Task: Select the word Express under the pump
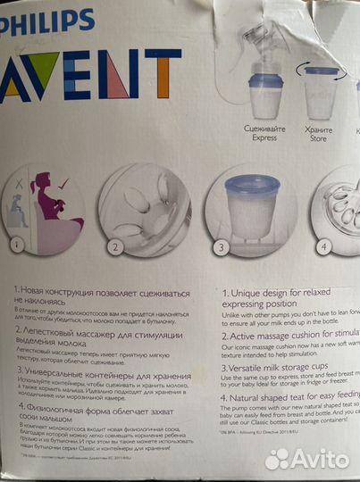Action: coord(265,140)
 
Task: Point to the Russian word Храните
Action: coord(317,129)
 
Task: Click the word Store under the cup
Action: coord(317,140)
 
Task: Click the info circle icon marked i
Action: coord(13,243)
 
